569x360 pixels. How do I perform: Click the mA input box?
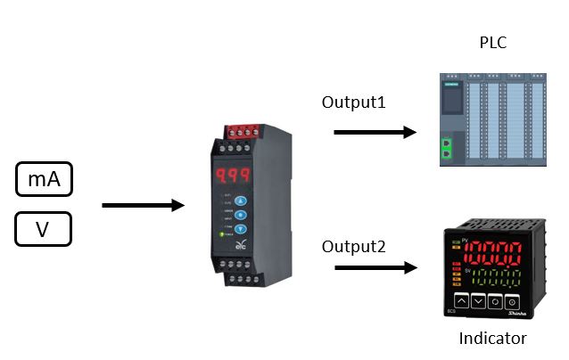click(44, 179)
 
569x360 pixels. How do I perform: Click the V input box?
click(43, 230)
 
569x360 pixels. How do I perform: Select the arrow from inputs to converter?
click(143, 206)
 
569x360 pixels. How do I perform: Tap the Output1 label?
click(354, 102)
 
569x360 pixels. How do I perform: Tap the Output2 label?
click(354, 245)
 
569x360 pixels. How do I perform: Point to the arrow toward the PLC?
click(375, 133)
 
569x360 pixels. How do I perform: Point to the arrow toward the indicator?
click(375, 267)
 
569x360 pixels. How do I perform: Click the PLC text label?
click(493, 41)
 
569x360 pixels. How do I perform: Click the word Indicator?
click(492, 338)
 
